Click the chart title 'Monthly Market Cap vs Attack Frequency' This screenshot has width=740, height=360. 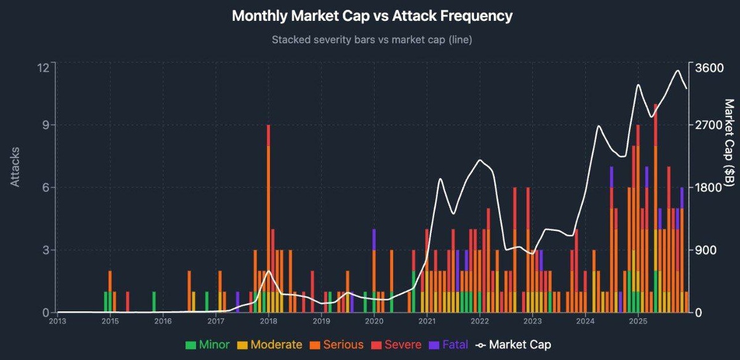coord(372,16)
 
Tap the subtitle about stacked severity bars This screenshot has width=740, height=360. coord(372,39)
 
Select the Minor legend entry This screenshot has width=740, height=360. coord(207,345)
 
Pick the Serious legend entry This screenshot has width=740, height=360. coord(335,345)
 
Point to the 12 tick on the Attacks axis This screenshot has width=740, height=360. coord(43,67)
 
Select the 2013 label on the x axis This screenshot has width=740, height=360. coord(57,321)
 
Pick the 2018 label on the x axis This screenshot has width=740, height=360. coord(268,321)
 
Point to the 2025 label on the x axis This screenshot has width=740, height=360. coord(638,321)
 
